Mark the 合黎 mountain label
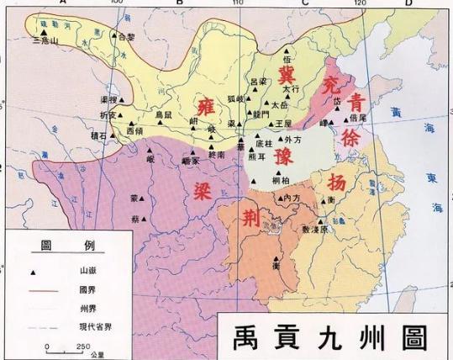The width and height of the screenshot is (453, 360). (124, 37)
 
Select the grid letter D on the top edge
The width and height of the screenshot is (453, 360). (409, 3)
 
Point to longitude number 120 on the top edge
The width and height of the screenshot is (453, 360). (361, 3)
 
